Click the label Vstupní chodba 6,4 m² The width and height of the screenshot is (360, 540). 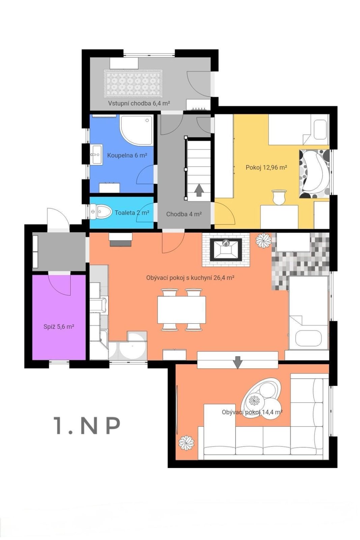pyautogui.click(x=139, y=103)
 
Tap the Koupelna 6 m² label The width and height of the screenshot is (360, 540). pyautogui.click(x=127, y=155)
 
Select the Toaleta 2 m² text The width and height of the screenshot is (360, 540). pyautogui.click(x=132, y=213)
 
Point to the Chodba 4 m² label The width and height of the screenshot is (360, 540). pyautogui.click(x=184, y=214)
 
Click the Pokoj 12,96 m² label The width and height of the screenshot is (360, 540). pyautogui.click(x=266, y=167)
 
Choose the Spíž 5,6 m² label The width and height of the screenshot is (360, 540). pyautogui.click(x=59, y=327)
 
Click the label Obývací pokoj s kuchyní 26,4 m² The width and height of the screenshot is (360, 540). pyautogui.click(x=191, y=278)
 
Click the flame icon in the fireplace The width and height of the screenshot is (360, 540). pyautogui.click(x=226, y=243)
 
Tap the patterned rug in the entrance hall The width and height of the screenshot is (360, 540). pyautogui.click(x=133, y=84)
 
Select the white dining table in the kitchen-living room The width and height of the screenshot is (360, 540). pyautogui.click(x=182, y=309)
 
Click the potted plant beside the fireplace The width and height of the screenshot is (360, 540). pyautogui.click(x=264, y=240)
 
